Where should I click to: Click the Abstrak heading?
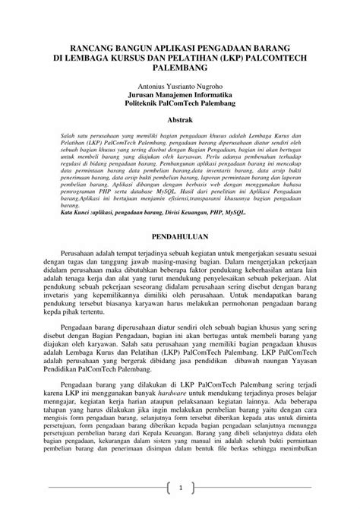pyautogui.click(x=180, y=120)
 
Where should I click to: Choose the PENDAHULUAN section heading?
pyautogui.click(x=180, y=237)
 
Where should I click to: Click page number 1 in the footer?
pyautogui.click(x=180, y=487)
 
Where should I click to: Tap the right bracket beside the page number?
pyautogui.click(x=194, y=487)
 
